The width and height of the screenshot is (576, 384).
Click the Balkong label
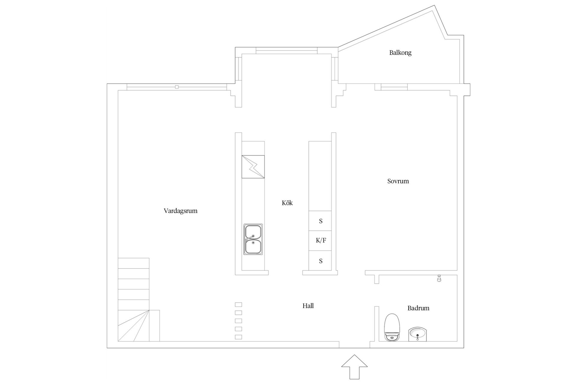click(x=400, y=53)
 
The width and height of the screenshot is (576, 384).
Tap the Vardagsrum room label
click(x=180, y=211)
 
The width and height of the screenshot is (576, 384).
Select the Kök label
click(x=287, y=203)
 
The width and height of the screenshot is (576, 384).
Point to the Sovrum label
click(x=398, y=181)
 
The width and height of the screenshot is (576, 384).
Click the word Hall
click(x=308, y=306)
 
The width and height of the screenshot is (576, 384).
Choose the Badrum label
click(x=418, y=308)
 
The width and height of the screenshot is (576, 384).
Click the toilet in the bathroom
click(x=392, y=327)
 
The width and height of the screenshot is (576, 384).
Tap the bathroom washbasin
click(x=417, y=334)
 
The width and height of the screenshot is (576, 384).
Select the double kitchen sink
click(x=253, y=239)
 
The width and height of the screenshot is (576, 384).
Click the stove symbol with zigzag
click(x=253, y=167)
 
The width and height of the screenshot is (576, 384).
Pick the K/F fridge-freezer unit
click(x=320, y=241)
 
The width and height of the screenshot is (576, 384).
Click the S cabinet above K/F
click(x=320, y=221)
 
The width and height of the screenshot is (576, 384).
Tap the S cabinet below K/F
click(x=320, y=261)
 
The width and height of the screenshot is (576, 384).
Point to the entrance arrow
click(x=354, y=367)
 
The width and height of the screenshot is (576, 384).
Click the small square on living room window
click(x=177, y=87)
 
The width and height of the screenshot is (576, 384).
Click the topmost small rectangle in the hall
click(x=238, y=304)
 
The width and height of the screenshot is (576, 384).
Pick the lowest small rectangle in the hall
click(x=238, y=337)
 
